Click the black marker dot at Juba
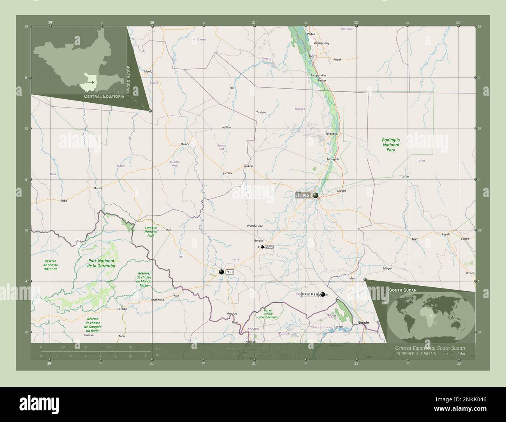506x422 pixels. (315, 195)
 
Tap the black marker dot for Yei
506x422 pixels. (221, 272)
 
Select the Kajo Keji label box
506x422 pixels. (310, 294)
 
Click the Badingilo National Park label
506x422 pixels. (390, 144)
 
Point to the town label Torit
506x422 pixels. (415, 239)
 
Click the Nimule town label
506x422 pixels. (363, 323)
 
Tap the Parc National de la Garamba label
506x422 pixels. (96, 263)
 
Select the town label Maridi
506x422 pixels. (98, 188)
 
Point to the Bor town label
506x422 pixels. (311, 56)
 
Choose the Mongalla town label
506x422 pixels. (333, 159)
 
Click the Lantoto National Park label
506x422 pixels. (150, 231)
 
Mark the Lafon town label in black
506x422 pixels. (405, 176)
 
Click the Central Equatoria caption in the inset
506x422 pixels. (104, 96)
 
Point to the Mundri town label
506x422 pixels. (185, 144)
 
